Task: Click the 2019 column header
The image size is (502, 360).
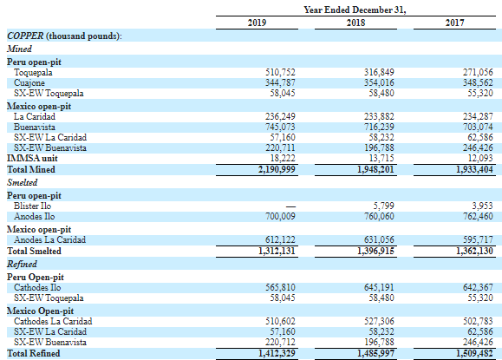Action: pos(257,23)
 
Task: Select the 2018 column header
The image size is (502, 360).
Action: pos(355,23)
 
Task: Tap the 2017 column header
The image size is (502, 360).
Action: pos(454,23)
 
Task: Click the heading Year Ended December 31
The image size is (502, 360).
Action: pos(355,10)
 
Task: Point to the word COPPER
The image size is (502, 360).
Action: pos(25,36)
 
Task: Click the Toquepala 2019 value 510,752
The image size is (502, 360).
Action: pos(280,72)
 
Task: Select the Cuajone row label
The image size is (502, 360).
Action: pos(29,83)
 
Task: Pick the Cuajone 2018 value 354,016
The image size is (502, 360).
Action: pos(379,83)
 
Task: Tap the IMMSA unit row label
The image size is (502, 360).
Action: pos(32,158)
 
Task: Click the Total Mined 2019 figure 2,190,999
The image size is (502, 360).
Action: pos(277,169)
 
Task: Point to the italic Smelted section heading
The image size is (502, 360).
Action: pos(22,182)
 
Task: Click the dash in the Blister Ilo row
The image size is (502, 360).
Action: pos(290,207)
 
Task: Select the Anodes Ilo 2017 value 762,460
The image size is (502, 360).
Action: pos(478,217)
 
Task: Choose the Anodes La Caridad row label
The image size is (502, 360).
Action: pos(50,240)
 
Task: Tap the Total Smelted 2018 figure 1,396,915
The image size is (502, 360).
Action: pos(375,251)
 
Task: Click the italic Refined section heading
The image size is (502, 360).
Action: pos(22,264)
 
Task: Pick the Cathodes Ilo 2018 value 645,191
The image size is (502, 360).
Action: pos(379,288)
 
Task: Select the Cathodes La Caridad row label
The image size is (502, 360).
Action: pos(53,321)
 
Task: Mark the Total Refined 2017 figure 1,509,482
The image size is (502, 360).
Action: pos(474,353)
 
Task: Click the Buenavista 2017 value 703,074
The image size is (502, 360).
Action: pos(478,128)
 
